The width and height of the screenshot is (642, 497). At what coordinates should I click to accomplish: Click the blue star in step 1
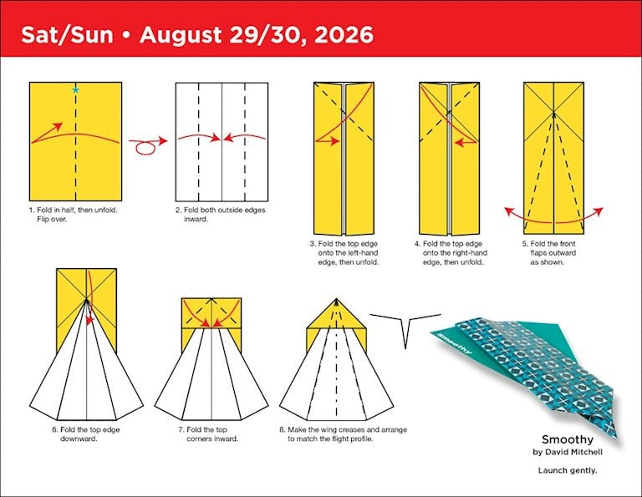click(x=76, y=89)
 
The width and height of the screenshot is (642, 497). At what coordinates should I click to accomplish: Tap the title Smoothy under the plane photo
click(x=567, y=439)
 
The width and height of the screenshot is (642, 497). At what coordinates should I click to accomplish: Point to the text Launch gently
click(x=567, y=470)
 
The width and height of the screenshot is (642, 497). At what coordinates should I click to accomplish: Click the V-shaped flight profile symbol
click(x=405, y=327)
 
